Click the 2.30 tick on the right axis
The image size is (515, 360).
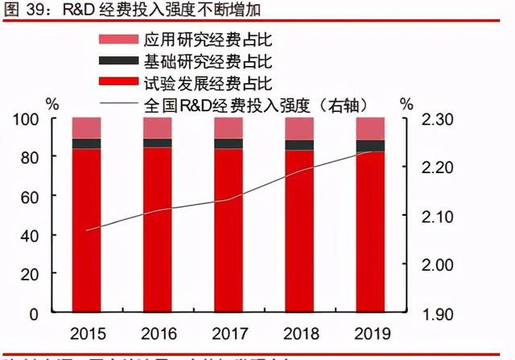[438, 119]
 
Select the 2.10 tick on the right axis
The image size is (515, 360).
[438, 216]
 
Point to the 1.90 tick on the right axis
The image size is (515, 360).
[438, 312]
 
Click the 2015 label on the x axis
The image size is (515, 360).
[87, 333]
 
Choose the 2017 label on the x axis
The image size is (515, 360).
[229, 333]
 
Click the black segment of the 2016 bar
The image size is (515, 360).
[158, 143]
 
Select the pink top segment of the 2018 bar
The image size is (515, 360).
[299, 129]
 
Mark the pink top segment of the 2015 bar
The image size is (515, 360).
[87, 128]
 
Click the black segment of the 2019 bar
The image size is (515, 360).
[370, 146]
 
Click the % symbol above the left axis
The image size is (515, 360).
[52, 104]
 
